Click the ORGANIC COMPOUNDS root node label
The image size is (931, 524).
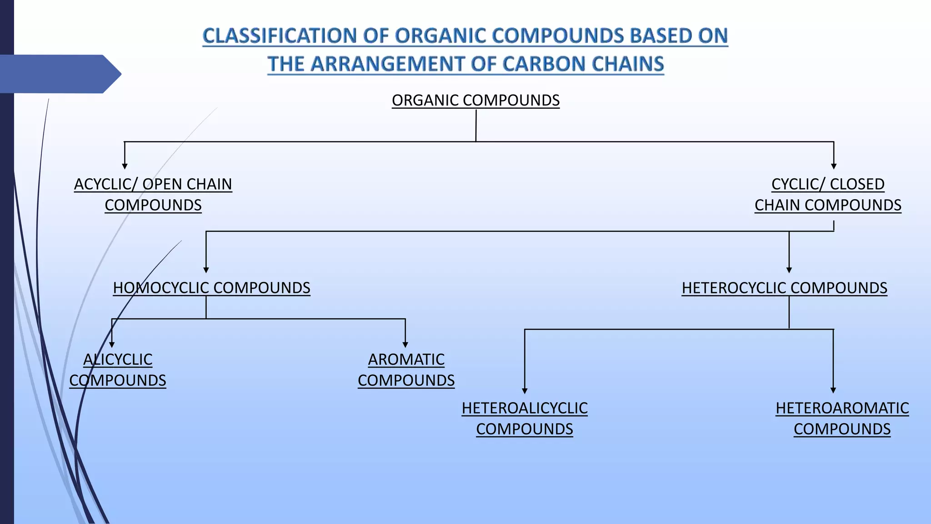476,100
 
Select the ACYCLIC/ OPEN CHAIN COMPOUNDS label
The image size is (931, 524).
153,194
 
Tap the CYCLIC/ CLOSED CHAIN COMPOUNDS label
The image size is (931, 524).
828,194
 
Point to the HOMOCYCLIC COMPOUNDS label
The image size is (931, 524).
211,287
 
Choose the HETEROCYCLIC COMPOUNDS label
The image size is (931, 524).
784,287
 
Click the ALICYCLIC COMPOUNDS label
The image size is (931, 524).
118,369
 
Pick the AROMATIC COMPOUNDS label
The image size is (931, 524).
406,369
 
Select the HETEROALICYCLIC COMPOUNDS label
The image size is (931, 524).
525,418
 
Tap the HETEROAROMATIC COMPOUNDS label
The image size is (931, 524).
842,418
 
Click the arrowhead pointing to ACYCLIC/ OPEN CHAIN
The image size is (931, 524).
125,166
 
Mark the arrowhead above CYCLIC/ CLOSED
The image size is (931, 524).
834,166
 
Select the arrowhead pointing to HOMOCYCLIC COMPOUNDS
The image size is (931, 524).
206,270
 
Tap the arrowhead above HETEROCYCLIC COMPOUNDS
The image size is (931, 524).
789,270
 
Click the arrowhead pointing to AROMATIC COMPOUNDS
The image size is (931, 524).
405,345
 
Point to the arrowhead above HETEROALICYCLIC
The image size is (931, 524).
525,391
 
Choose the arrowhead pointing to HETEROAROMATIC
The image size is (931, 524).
833,390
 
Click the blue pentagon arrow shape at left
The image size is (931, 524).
59,74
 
